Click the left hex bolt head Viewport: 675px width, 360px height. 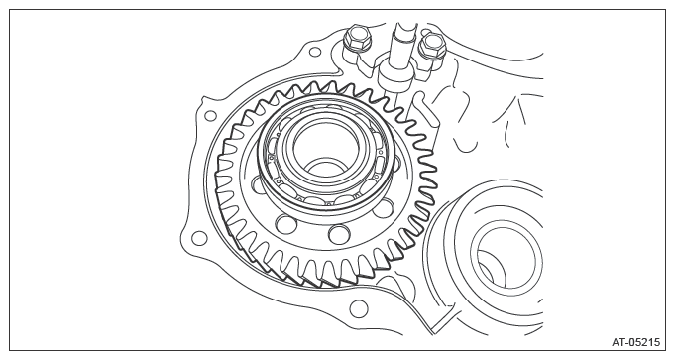(357, 38)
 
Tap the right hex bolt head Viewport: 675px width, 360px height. (431, 46)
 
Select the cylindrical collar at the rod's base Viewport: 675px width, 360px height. (394, 77)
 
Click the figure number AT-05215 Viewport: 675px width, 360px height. (635, 342)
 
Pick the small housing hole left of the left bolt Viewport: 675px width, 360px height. (315, 53)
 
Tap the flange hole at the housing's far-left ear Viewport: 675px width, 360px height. (210, 115)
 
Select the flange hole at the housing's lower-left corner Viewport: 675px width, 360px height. (198, 238)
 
